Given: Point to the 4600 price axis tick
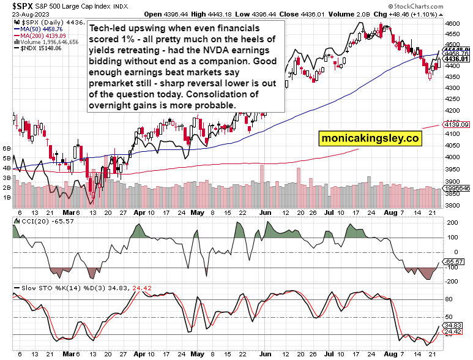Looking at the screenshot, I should pos(453,23).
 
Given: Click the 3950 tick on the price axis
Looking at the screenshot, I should pos(453,169).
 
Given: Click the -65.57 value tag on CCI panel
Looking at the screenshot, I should pos(454,261).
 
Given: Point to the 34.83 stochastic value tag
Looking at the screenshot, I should pos(454,325).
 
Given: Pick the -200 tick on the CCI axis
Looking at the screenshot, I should pos(452,282).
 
